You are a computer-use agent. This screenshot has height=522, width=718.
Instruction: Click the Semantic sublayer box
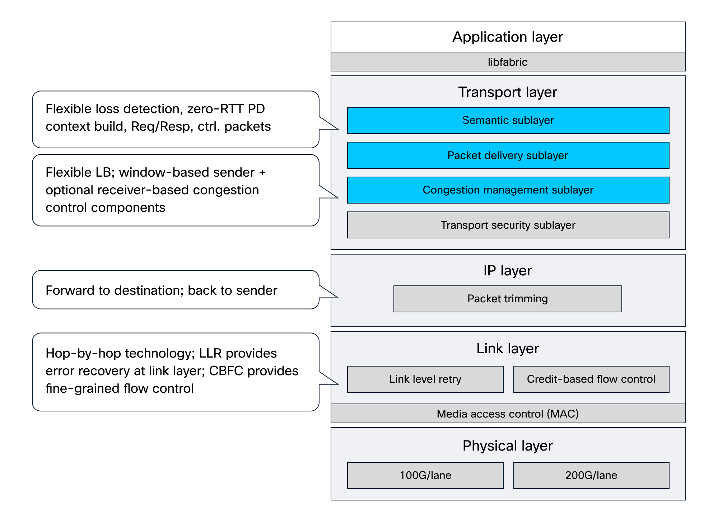coord(508,120)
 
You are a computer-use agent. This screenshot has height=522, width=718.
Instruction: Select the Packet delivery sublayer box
coord(508,155)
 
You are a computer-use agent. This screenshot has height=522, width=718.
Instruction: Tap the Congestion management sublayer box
coord(508,190)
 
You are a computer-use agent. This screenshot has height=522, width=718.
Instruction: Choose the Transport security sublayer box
coord(508,225)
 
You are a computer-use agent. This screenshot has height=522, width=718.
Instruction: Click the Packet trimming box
coord(508,299)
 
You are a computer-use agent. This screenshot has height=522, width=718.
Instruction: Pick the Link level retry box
coord(425,379)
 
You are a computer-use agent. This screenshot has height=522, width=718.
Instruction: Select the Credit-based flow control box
coord(591,379)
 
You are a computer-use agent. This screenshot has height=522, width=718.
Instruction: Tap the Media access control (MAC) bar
coord(508,414)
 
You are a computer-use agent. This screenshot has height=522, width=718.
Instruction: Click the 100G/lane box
coord(425,475)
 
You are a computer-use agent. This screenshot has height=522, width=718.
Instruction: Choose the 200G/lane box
coord(591,475)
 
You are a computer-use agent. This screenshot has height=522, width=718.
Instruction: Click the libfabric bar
coord(508,62)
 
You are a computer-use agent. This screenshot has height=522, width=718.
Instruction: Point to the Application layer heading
coord(508,37)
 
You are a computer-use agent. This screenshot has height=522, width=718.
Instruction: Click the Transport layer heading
coord(508,92)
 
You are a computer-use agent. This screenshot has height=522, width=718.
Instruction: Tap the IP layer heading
coord(508,270)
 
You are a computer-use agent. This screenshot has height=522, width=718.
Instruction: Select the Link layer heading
coord(508,349)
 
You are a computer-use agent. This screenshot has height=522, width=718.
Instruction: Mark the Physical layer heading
coord(508,446)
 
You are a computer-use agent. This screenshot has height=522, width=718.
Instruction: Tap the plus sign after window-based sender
coord(262,173)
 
